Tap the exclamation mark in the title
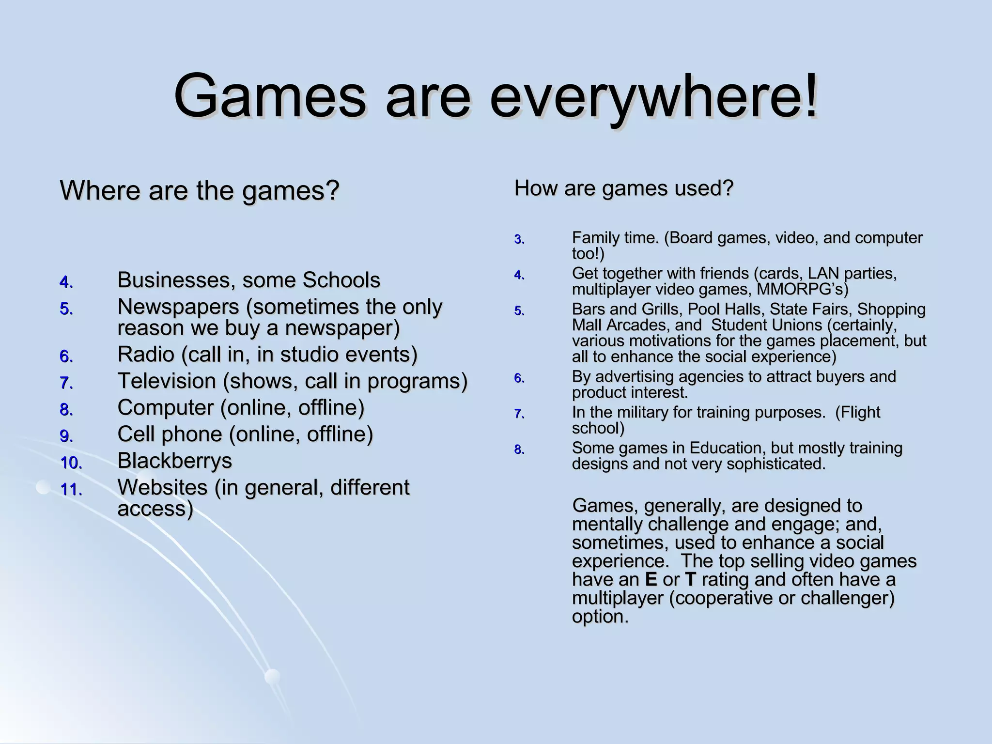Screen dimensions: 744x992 click(810, 95)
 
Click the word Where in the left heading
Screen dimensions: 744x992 click(100, 190)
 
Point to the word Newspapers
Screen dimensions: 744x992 click(178, 307)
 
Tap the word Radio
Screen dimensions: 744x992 click(145, 355)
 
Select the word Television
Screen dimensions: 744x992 click(167, 381)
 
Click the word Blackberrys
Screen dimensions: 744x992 click(174, 461)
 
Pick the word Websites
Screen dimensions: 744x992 click(162, 487)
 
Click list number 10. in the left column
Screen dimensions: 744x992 click(72, 463)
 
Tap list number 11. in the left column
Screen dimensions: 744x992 click(72, 490)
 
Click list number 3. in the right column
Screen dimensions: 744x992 click(519, 240)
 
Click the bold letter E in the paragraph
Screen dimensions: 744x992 click(651, 580)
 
